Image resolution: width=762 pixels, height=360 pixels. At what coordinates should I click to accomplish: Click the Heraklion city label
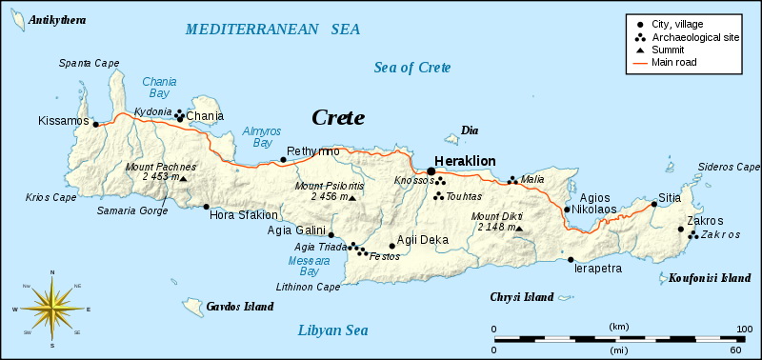tap(465, 162)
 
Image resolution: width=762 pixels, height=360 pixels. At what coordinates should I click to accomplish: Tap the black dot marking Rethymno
tap(284, 160)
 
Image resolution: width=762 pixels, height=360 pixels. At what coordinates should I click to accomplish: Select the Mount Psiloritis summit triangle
tap(352, 198)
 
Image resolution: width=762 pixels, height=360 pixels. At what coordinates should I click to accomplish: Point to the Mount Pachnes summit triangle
tap(184, 178)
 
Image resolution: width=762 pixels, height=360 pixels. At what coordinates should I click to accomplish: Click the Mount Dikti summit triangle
tap(519, 229)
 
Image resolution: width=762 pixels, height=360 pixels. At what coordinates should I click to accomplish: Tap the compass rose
tap(51, 309)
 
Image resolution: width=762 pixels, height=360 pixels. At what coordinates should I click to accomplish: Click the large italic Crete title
tap(338, 118)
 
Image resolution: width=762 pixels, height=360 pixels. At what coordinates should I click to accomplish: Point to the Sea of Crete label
tap(411, 68)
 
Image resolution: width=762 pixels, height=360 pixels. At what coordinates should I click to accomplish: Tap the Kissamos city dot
tap(95, 122)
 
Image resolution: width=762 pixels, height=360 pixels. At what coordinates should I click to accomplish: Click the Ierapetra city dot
tap(571, 259)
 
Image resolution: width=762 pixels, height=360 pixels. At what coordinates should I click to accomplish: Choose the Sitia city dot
tap(653, 203)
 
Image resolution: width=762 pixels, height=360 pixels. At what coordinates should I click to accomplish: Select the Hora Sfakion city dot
tap(206, 206)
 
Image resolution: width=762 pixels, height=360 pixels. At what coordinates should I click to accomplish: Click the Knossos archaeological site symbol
tap(438, 183)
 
